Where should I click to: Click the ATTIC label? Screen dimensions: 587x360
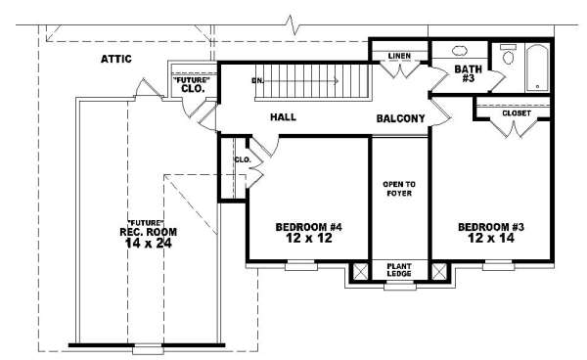[116, 59]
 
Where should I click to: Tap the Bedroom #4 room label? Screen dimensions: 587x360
[309, 227]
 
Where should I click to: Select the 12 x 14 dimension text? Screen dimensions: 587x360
[491, 238]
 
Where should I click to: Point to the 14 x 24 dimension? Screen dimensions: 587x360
[149, 244]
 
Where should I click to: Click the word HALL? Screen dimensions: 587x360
[283, 117]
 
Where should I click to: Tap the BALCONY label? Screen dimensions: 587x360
[400, 118]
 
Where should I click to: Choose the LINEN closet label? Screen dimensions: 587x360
[399, 56]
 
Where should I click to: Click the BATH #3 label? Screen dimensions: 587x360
[468, 73]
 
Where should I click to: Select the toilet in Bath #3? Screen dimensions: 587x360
[509, 54]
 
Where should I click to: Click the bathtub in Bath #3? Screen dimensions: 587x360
[537, 67]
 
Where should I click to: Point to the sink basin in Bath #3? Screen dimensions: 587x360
[460, 51]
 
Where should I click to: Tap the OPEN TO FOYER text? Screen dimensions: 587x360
[399, 189]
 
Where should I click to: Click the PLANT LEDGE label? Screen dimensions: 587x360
[399, 270]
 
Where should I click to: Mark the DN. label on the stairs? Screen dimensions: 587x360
[257, 81]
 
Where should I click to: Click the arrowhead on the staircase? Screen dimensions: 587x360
[337, 81]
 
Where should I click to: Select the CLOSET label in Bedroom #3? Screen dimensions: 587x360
[517, 113]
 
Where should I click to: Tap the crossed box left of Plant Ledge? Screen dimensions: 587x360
[361, 271]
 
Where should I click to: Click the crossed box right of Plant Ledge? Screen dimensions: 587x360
[439, 271]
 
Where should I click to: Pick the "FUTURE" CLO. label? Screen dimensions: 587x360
[193, 84]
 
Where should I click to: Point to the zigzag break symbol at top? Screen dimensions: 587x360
[293, 24]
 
